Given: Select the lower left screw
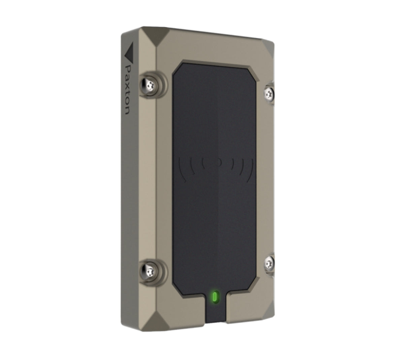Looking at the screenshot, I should pyautogui.click(x=149, y=269).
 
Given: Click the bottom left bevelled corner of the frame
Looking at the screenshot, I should pyautogui.click(x=158, y=320).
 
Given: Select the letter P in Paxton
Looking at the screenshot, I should pyautogui.click(x=127, y=69).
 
